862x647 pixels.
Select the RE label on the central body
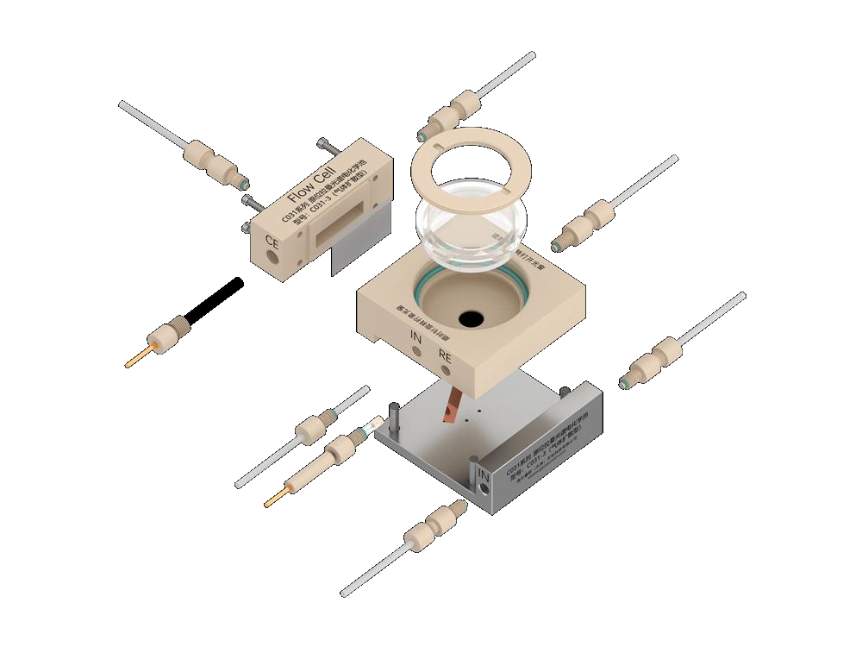pos(445,355)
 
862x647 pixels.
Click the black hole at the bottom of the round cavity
pos(471,319)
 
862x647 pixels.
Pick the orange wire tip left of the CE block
pos(138,356)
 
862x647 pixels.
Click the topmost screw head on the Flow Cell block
pos(322,141)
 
